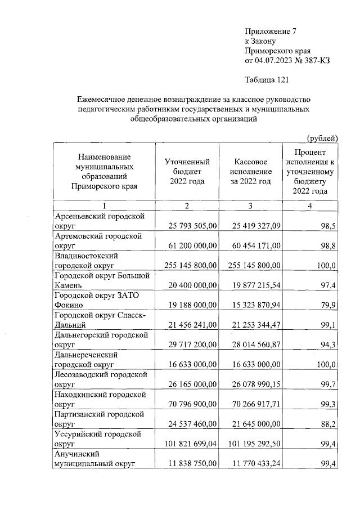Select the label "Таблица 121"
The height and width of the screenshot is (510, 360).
[x=267, y=79]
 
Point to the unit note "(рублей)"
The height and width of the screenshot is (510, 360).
[x=322, y=137]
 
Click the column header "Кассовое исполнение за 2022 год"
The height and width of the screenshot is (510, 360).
[x=250, y=172]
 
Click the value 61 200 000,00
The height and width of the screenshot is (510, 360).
[x=192, y=245]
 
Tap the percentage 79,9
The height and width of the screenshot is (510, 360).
[x=328, y=305]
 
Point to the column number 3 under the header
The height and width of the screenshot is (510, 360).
[x=251, y=205]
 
